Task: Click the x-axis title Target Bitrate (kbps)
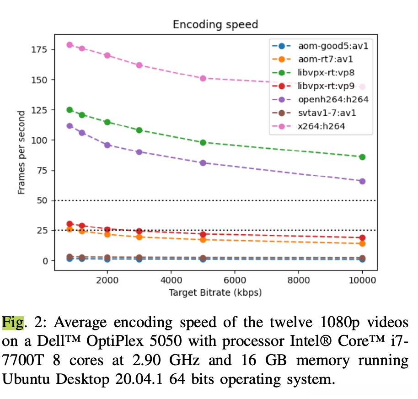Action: (215, 292)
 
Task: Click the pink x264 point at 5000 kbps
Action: (203, 78)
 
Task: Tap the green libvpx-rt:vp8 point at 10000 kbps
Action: (362, 157)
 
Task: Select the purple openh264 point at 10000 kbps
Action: (362, 181)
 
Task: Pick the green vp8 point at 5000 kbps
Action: (203, 142)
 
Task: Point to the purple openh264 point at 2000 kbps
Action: (107, 145)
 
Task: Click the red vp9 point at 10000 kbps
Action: (362, 238)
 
